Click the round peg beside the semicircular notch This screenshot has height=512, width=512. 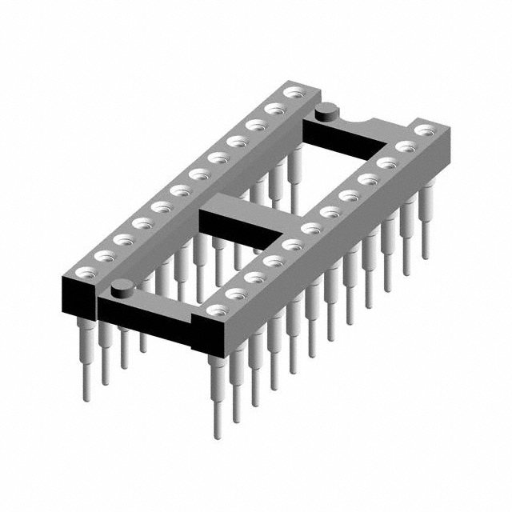(326, 112)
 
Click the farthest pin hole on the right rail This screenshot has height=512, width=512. (422, 129)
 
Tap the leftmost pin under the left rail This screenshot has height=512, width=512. (85, 360)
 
